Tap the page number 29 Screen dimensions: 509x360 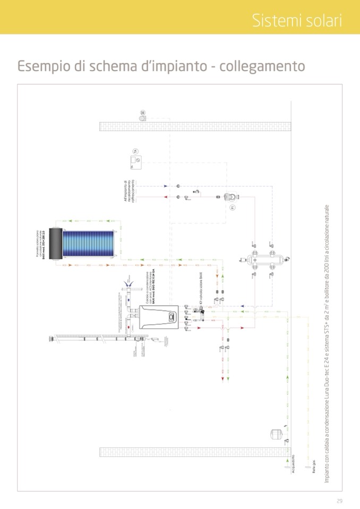coord(339,501)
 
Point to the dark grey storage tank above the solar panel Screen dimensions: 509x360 coord(54,244)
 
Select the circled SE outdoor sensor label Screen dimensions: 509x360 coord(143,113)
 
